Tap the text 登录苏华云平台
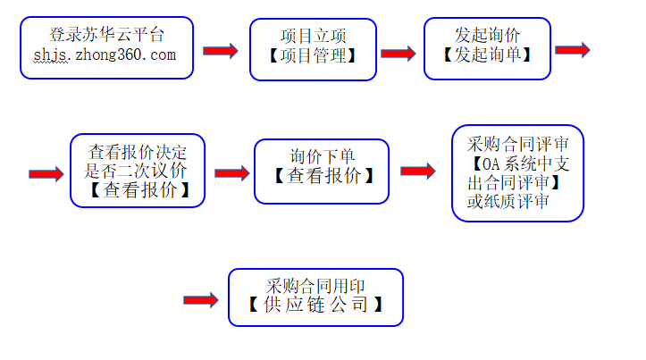coord(107,35)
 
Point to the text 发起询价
coord(487,35)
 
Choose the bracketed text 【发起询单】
coord(487,54)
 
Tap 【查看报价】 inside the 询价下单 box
coord(323,176)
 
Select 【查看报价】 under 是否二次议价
coord(138,190)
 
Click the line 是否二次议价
coord(138,170)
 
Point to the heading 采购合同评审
coord(518,143)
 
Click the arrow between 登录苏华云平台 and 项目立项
coord(221,52)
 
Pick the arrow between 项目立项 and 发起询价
coord(399,54)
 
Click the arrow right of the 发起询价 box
coord(572,49)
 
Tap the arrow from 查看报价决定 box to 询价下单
coord(231,172)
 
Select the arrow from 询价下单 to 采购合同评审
coord(417,171)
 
